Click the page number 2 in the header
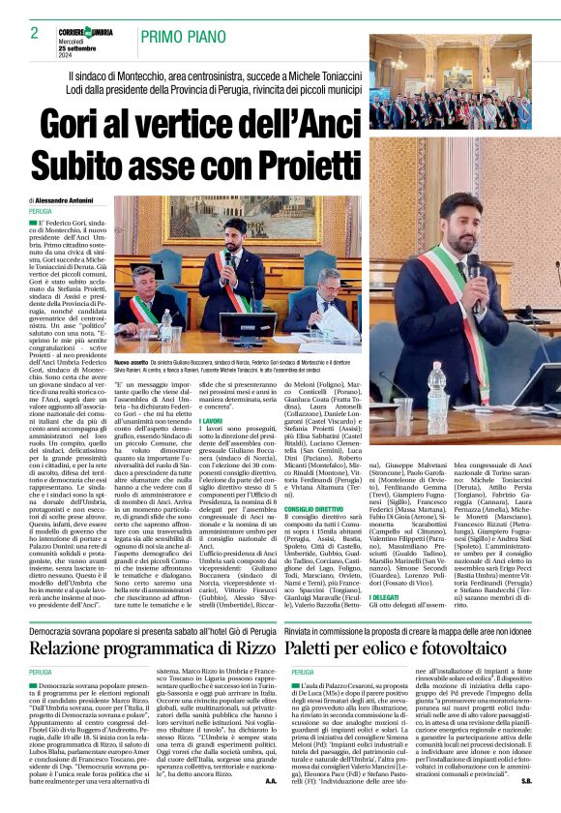pyautogui.click(x=34, y=33)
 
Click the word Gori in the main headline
pyautogui.click(x=86, y=126)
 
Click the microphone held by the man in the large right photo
pyautogui.click(x=472, y=266)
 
